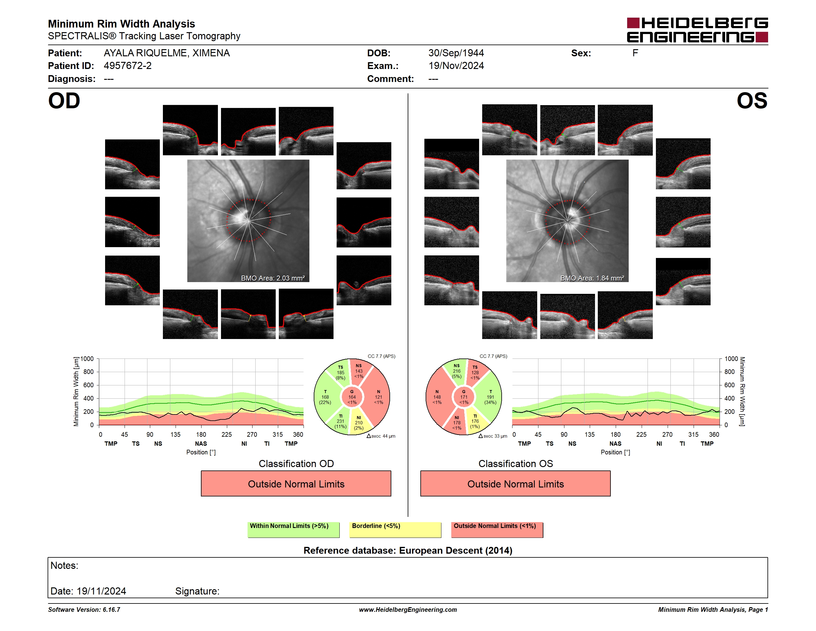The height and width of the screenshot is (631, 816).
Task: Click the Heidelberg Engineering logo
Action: point(697,30)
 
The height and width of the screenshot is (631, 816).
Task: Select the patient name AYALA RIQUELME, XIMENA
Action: point(167,53)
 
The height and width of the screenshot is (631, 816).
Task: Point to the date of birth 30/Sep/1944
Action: point(456,53)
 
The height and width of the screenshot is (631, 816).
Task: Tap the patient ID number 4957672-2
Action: point(128,66)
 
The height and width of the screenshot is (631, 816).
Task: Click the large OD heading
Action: point(64,101)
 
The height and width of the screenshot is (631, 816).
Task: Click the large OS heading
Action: point(752,101)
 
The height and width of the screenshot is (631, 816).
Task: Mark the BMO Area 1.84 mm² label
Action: point(592,278)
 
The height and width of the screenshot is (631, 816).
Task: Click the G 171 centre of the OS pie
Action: point(464,397)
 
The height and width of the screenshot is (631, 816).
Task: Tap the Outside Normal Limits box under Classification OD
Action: point(296,484)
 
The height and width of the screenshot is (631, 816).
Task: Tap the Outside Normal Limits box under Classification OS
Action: point(515,484)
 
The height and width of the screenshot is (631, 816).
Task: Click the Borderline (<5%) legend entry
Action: point(395,530)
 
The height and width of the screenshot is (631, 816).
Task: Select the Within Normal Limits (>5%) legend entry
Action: point(293,530)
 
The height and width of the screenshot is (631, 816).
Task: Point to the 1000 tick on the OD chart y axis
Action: point(87,359)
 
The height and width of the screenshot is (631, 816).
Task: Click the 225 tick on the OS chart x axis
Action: point(641,434)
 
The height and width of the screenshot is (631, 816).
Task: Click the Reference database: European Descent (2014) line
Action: point(408,551)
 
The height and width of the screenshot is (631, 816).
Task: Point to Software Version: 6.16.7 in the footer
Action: point(84,610)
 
